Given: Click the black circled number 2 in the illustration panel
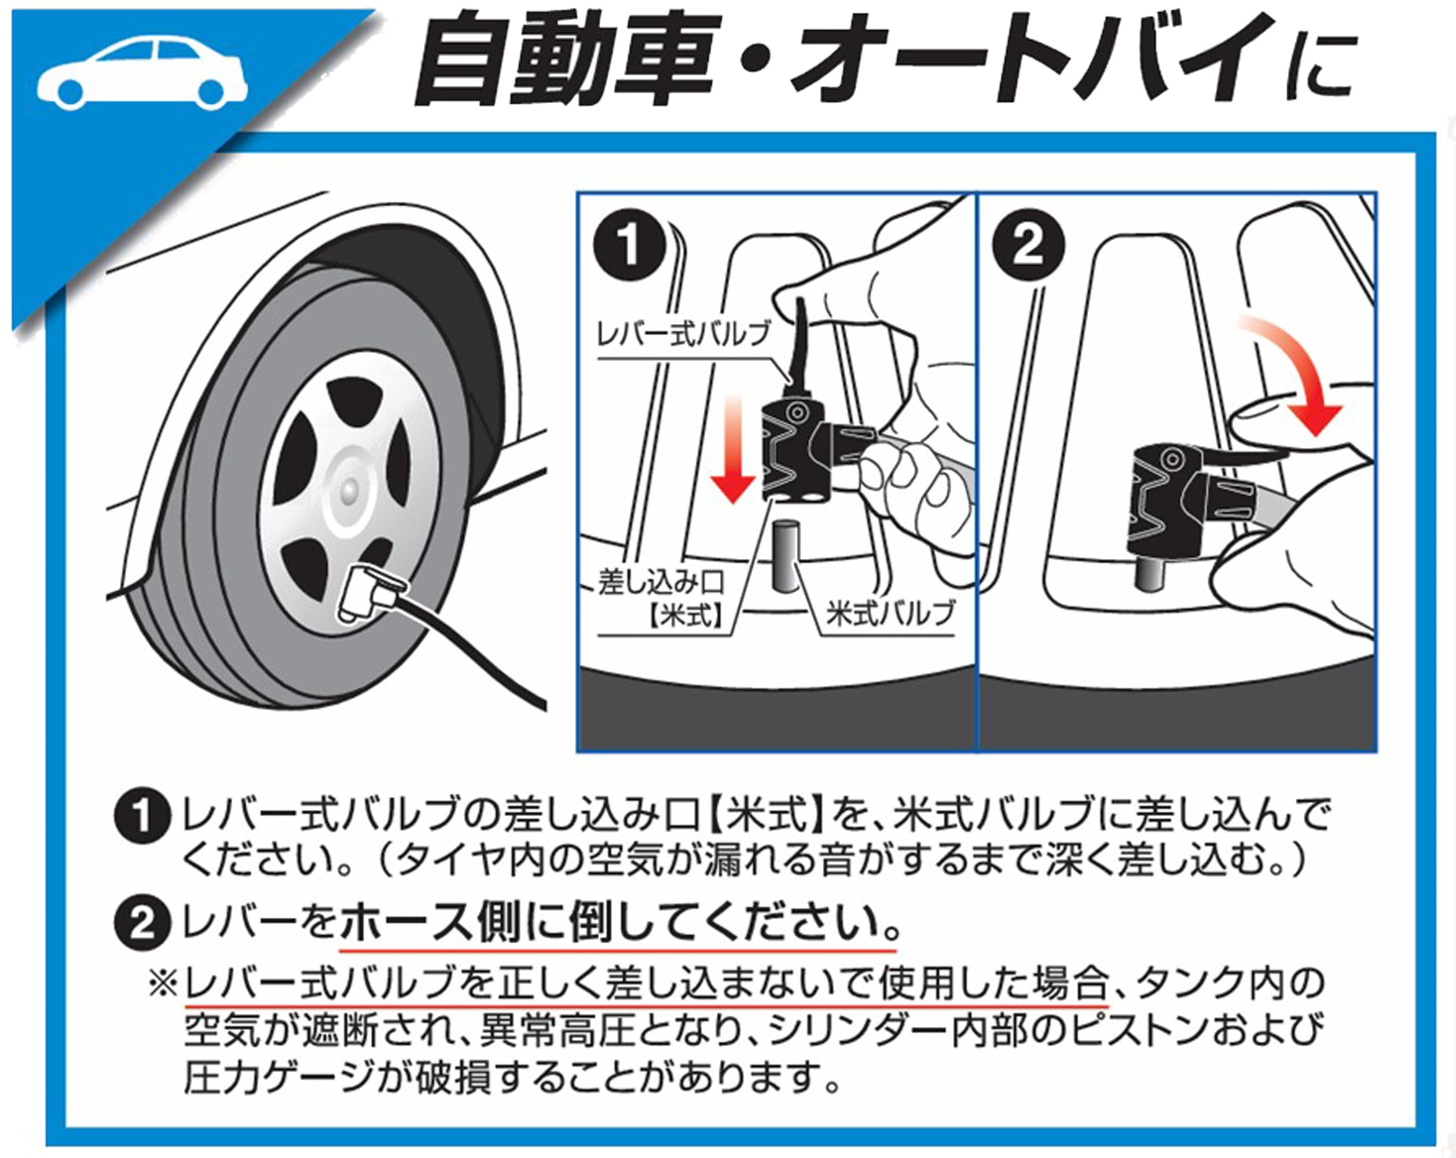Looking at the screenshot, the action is pyautogui.click(x=1028, y=247).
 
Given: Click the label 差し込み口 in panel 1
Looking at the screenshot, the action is pyautogui.click(x=660, y=582).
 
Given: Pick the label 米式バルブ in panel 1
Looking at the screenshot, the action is pyautogui.click(x=890, y=613).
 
